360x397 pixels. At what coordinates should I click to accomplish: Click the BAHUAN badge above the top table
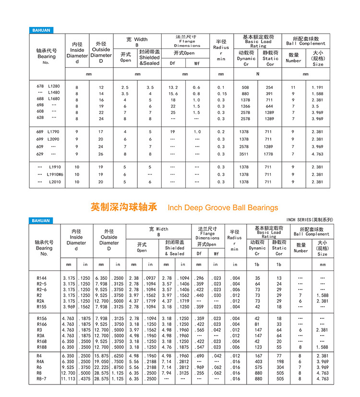[40, 30]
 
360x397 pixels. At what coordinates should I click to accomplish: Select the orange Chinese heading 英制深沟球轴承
[124, 207]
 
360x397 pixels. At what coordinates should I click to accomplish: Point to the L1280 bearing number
[54, 86]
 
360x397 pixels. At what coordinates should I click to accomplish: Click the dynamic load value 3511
[246, 154]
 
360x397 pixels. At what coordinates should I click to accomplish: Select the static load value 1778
[269, 154]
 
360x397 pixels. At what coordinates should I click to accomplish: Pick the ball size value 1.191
[318, 87]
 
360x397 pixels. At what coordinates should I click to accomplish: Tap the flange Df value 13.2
[173, 87]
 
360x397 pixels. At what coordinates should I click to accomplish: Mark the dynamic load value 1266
[246, 106]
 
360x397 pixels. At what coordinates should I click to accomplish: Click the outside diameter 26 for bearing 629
[101, 154]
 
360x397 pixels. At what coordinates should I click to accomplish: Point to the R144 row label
[42, 278]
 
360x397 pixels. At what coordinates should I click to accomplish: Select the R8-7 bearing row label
[43, 379]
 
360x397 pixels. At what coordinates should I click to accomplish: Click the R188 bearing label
[42, 347]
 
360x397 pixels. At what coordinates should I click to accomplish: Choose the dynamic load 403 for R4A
[257, 361]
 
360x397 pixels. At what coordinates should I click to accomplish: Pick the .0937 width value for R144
[150, 278]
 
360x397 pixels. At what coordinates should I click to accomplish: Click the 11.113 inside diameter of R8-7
[68, 379]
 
